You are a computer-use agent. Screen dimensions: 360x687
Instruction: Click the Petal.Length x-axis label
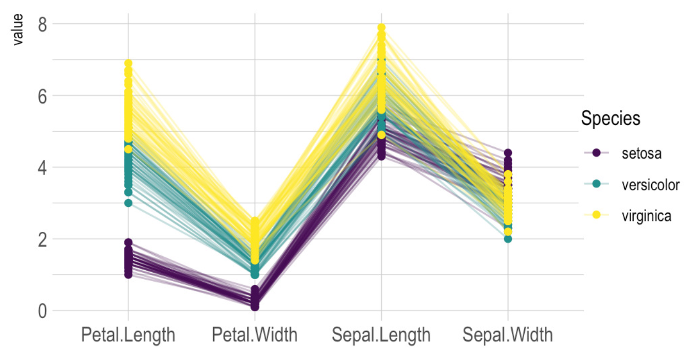tap(128, 335)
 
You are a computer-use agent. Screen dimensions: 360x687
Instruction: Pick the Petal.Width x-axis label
tap(255, 335)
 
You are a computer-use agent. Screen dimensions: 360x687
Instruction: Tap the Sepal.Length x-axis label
tap(382, 335)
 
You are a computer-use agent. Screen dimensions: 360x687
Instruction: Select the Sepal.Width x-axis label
tap(508, 335)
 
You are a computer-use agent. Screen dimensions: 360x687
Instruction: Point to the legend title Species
tap(610, 119)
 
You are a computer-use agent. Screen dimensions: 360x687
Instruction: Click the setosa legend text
tap(641, 153)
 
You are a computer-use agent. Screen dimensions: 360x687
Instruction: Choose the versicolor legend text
tap(650, 185)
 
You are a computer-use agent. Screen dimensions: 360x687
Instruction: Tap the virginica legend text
tap(646, 216)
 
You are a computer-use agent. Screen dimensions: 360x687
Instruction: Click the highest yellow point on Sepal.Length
tap(382, 27)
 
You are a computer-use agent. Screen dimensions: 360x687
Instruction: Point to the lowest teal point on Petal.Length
tap(128, 203)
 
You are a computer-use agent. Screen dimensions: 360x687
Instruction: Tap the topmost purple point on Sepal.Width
tap(508, 153)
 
